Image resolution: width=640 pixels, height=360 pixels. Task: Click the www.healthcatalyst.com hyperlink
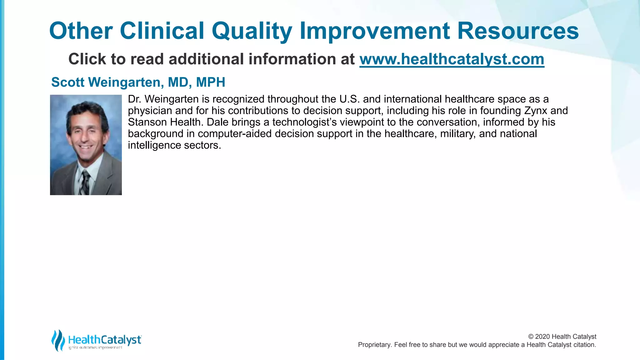[452, 59]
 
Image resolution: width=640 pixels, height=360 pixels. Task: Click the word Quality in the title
[252, 31]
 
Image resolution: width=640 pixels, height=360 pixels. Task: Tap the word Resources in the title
[518, 31]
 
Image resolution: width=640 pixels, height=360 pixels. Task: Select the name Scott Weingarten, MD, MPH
[138, 82]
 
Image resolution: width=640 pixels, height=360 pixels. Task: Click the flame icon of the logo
[58, 340]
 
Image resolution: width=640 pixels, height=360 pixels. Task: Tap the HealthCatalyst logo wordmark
[105, 339]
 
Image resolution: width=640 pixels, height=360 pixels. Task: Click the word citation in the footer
[584, 345]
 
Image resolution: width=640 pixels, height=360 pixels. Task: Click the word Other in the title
[81, 31]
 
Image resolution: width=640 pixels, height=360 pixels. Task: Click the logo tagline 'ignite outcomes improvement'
[95, 347]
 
